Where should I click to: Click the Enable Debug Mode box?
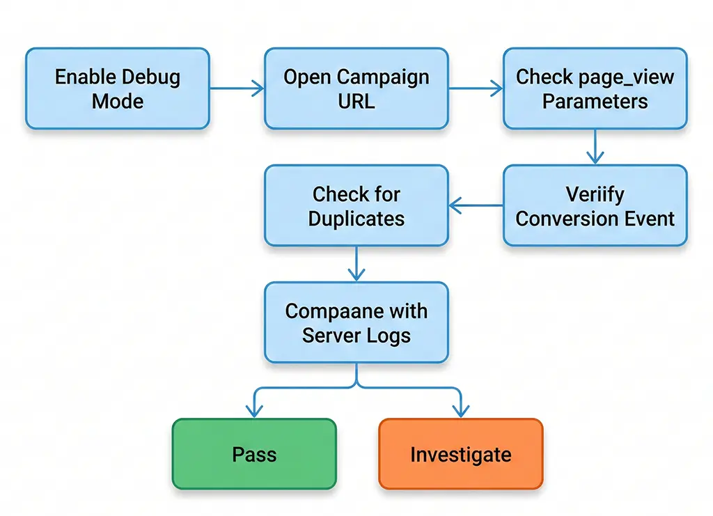pos(117,88)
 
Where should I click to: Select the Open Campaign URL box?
pos(356,88)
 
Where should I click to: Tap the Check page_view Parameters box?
pos(595,88)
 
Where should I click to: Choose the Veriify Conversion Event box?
pos(595,205)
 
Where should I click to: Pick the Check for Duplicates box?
pos(356,205)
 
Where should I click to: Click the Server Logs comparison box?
pos(356,322)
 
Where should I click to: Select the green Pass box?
pos(254,454)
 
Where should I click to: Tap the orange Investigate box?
pos(460,454)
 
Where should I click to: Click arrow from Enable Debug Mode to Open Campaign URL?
pos(237,88)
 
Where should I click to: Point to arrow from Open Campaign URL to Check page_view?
pos(476,88)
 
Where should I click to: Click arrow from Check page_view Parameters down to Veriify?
pos(594,147)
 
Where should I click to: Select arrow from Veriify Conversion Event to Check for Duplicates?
pos(476,205)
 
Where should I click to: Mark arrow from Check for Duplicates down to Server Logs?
pos(356,264)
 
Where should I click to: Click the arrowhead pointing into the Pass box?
pos(254,412)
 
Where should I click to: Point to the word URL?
pos(356,101)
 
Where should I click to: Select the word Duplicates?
pos(356,219)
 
